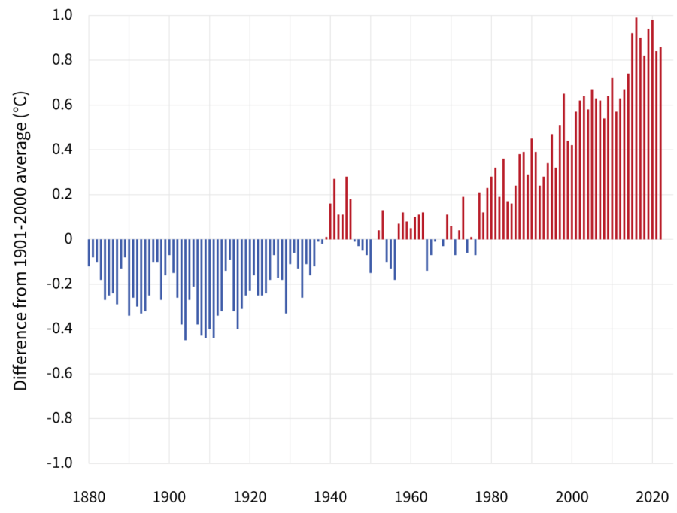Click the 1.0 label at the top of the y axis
63,15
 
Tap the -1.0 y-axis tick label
60,463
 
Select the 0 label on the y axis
68,239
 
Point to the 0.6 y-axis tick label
63,105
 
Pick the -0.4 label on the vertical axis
60,329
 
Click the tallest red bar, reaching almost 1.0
636,128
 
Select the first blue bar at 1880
89,253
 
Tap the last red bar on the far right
660,143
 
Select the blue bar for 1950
371,256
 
